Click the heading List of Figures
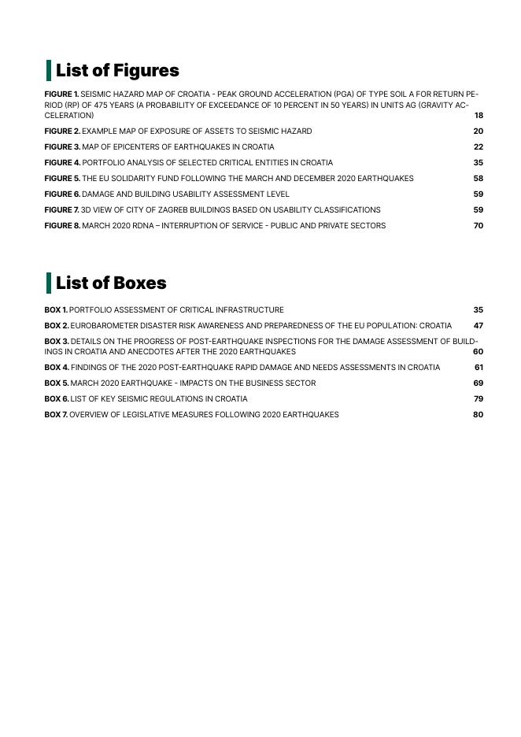117,71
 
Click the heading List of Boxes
111,283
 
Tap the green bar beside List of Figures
49,70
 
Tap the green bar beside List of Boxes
49,283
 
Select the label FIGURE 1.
61,94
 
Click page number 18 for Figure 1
479,116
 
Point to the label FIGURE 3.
62,147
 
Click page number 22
479,147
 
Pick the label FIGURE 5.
62,179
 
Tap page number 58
479,179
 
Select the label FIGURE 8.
62,226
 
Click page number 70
479,226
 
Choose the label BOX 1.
56,310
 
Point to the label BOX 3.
57,342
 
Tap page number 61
479,368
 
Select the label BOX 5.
57,383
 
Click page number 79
479,399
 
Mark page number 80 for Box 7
479,415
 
